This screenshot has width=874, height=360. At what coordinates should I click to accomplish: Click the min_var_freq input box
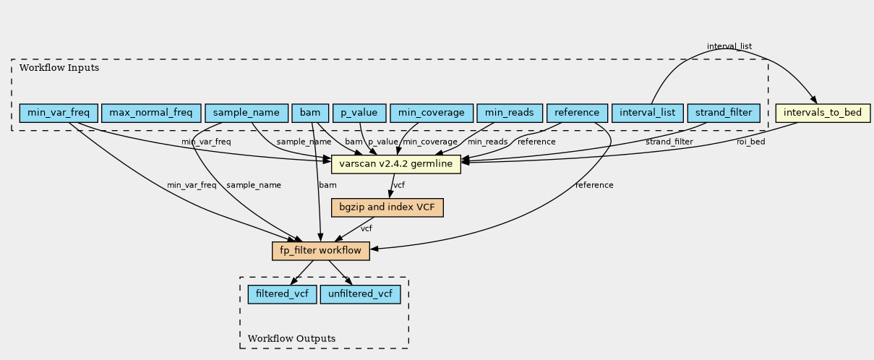(59, 113)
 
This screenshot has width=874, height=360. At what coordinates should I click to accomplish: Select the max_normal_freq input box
(151, 113)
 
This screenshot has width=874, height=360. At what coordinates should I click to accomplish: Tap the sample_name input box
(247, 113)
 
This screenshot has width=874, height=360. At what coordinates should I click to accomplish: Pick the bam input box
(310, 113)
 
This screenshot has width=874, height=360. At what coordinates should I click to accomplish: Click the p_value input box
(359, 113)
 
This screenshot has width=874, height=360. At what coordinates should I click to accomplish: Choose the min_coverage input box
(432, 113)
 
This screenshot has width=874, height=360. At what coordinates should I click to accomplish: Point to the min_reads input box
(510, 113)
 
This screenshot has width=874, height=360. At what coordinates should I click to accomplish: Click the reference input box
(577, 113)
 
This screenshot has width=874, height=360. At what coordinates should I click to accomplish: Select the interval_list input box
(647, 113)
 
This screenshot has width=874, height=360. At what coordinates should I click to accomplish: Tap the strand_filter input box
(724, 113)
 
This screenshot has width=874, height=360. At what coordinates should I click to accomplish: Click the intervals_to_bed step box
(823, 113)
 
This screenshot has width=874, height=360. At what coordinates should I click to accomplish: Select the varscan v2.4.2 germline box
(396, 164)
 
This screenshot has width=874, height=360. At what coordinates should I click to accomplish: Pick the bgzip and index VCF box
(387, 207)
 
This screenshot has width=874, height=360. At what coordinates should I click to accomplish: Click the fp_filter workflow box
(321, 251)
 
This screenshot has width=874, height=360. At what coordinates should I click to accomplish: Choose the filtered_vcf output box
(282, 294)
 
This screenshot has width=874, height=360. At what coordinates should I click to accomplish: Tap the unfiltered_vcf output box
(360, 294)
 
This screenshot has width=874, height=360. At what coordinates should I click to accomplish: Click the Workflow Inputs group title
(59, 68)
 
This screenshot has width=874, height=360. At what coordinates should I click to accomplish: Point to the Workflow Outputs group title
(291, 338)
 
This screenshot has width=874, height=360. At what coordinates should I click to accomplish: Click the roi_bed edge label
(750, 142)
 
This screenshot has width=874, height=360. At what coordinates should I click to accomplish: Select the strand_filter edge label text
(669, 142)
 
